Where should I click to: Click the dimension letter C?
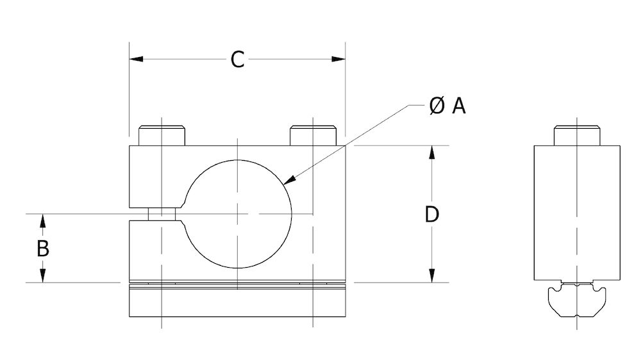(237, 60)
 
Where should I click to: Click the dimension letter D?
(432, 215)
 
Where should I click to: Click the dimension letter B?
(42, 248)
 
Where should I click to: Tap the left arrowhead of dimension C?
(135, 60)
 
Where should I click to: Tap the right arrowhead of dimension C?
(339, 60)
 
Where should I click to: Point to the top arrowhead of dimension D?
(433, 152)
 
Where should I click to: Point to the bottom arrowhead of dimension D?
(433, 276)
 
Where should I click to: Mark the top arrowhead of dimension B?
(42, 220)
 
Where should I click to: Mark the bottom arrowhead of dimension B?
(42, 276)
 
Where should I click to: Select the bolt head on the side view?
(577, 136)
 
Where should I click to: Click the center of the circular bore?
(238, 213)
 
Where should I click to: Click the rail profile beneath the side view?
(577, 302)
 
